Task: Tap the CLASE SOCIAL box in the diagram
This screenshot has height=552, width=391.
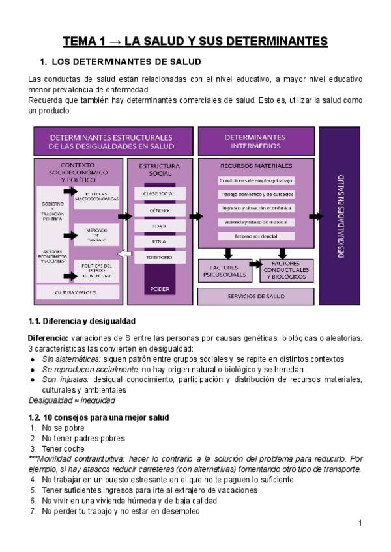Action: (x=160, y=194)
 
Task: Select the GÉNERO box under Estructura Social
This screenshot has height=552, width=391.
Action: (x=160, y=210)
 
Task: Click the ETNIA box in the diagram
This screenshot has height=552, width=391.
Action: (x=160, y=241)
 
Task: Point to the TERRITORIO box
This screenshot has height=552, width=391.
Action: (x=160, y=258)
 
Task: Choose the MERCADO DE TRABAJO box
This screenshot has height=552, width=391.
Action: (x=96, y=235)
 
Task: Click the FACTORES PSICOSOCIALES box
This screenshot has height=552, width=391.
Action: (x=224, y=271)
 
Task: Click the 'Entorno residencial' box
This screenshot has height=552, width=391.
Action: (x=256, y=236)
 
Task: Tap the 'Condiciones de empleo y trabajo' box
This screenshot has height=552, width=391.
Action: (x=256, y=180)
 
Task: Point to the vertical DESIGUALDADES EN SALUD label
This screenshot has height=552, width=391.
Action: (x=340, y=215)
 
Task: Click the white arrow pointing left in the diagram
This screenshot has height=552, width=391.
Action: (x=124, y=254)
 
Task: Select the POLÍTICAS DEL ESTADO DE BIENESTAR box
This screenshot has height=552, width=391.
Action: (x=96, y=270)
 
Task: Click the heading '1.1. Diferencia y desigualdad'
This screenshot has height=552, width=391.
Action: (x=81, y=321)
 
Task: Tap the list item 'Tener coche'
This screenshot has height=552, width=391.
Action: (x=62, y=449)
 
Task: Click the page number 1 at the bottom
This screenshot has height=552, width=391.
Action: (x=359, y=523)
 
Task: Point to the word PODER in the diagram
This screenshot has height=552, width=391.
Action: (x=160, y=288)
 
